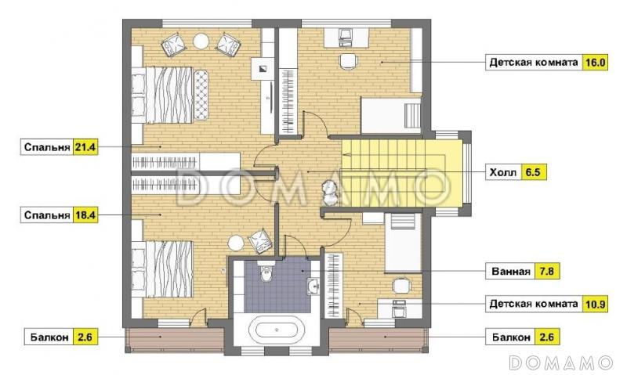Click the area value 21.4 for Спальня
point(85,147)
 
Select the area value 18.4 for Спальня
point(85,215)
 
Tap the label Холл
point(503,172)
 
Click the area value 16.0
point(595,63)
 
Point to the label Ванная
point(511,272)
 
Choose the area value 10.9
point(595,305)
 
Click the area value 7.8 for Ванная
point(546,272)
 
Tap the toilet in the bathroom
point(266,271)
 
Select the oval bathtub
point(277,330)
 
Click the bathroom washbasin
point(313,286)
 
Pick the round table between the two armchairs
point(201,41)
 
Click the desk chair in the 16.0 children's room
point(348,61)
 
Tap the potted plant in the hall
point(330,192)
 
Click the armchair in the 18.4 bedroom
point(260,241)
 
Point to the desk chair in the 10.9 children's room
point(401,286)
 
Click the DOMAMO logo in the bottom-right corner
point(560,362)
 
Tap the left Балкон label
point(49,337)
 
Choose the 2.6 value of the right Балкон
point(546,337)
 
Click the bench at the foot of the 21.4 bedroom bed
point(201,94)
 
